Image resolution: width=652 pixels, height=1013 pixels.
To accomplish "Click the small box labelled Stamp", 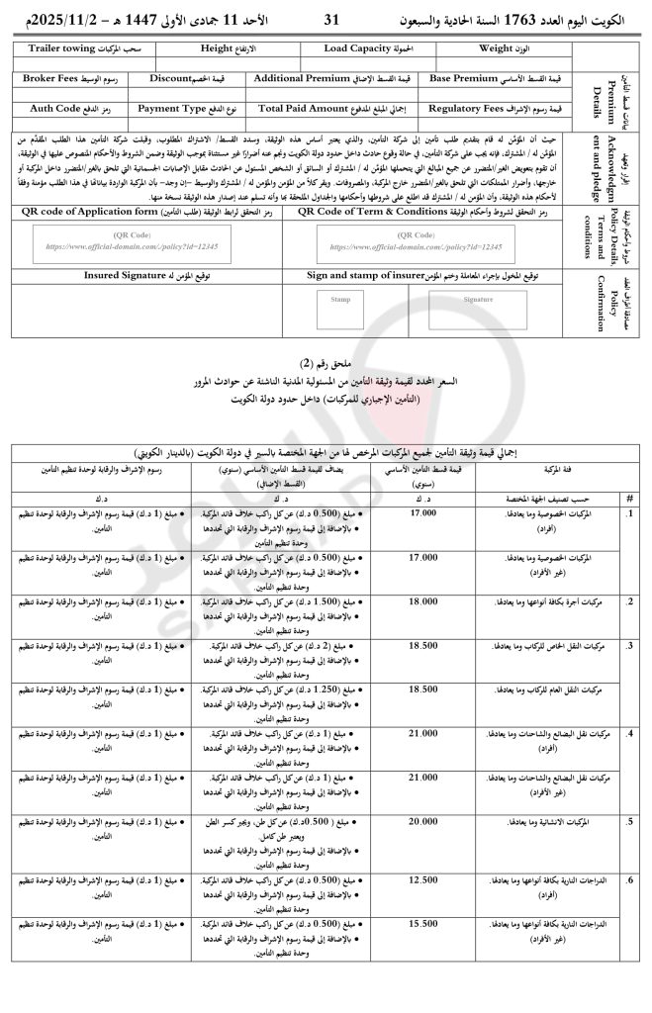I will pos(340,298).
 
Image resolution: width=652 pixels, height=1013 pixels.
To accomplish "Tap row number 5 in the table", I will pos(630,821).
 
